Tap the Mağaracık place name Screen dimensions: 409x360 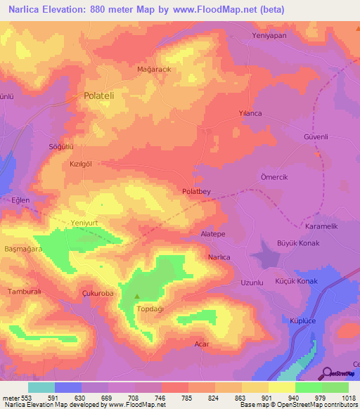coord(154,70)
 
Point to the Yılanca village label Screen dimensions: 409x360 coord(250,112)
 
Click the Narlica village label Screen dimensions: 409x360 coord(219,257)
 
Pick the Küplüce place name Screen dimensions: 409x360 coord(304,320)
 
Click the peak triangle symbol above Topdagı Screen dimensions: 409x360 coord(137,296)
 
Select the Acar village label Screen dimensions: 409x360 coord(201,344)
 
